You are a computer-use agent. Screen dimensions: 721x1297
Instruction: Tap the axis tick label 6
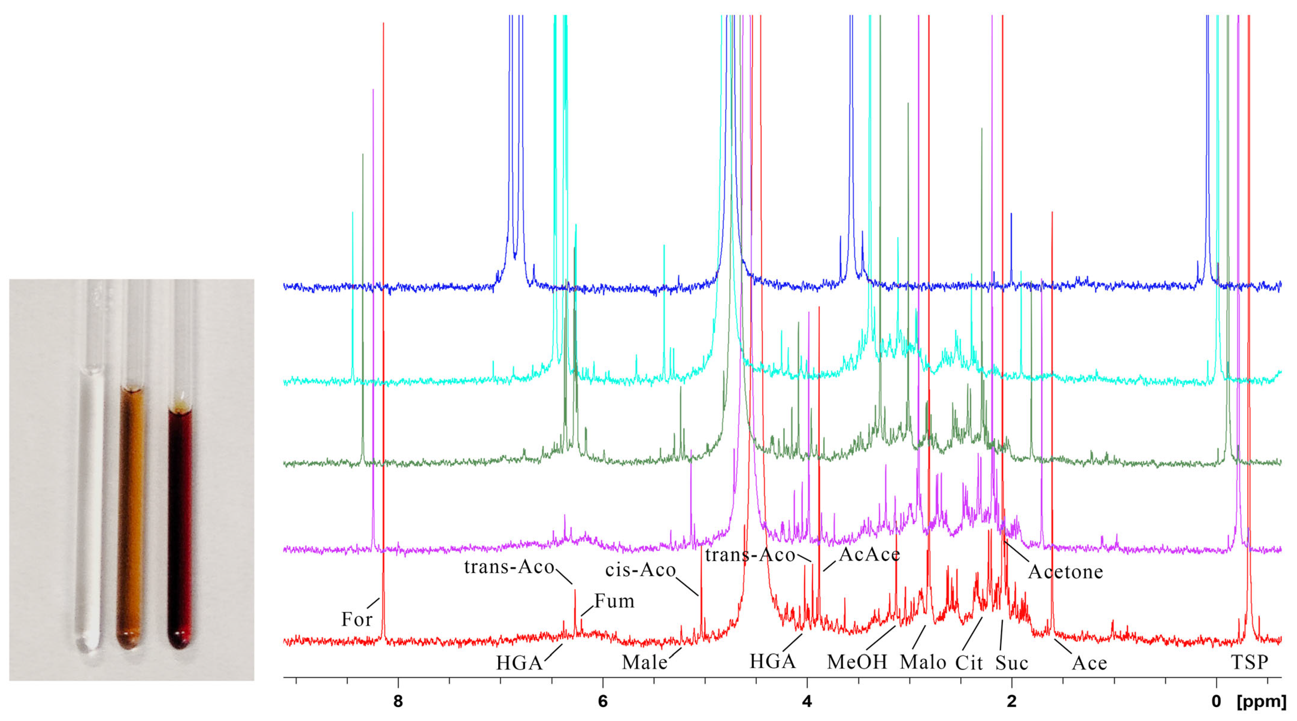pyautogui.click(x=603, y=701)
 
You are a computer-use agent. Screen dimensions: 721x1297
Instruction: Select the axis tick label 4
pyautogui.click(x=807, y=701)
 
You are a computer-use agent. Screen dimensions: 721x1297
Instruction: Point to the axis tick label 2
pyautogui.click(x=1012, y=701)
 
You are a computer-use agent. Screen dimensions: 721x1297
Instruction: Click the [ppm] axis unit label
pyautogui.click(x=1261, y=701)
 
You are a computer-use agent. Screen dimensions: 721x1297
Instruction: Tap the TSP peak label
pyautogui.click(x=1249, y=662)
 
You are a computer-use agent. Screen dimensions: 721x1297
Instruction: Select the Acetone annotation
pyautogui.click(x=1065, y=572)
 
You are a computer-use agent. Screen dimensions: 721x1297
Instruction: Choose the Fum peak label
pyautogui.click(x=614, y=601)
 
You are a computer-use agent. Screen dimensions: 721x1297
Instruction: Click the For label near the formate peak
pyautogui.click(x=357, y=619)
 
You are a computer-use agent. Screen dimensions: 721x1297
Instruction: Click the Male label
pyautogui.click(x=645, y=662)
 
